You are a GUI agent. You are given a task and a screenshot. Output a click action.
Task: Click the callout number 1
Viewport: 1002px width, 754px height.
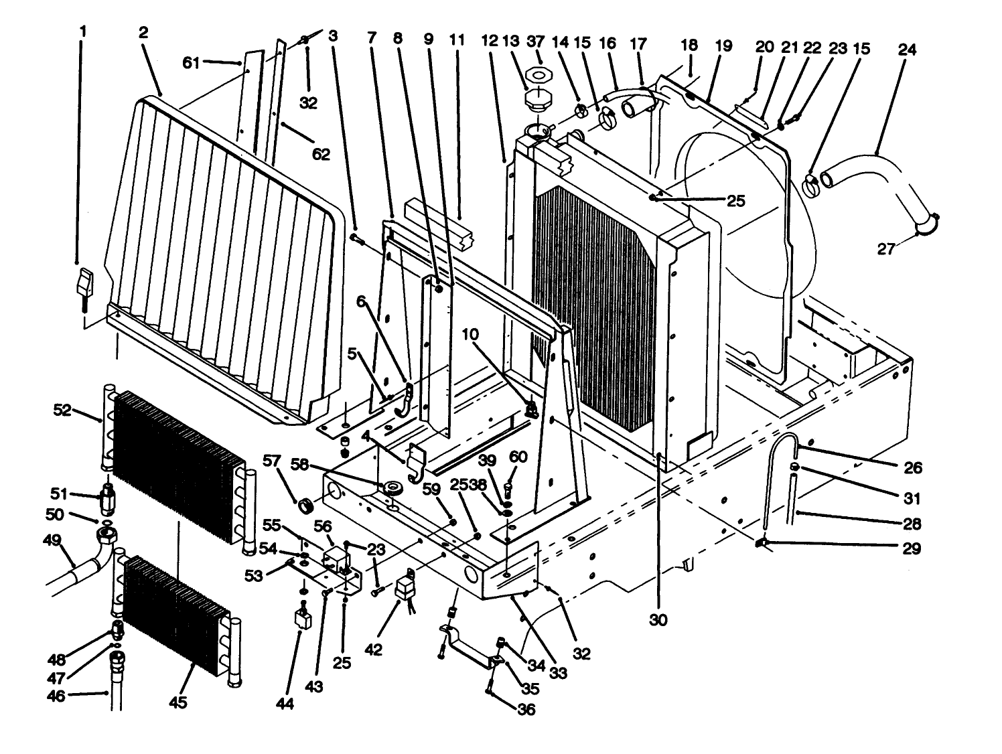tap(82, 31)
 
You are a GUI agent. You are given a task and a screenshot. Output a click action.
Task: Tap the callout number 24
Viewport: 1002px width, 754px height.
tap(908, 50)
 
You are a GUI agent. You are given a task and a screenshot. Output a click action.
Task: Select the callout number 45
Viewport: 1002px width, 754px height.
tap(177, 702)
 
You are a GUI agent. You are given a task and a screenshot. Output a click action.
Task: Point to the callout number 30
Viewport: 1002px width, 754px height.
tap(658, 620)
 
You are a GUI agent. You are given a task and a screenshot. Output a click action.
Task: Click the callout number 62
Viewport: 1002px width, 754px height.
tap(321, 154)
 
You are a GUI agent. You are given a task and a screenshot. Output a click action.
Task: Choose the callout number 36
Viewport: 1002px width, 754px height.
tap(526, 709)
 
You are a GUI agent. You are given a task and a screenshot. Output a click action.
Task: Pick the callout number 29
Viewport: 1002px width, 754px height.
tap(912, 548)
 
